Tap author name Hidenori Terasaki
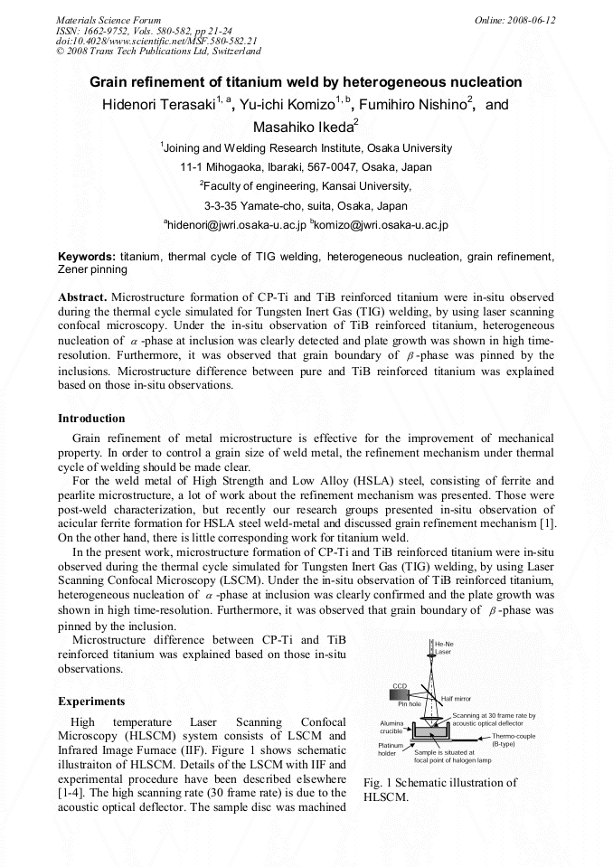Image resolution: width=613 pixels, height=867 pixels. [x=158, y=105]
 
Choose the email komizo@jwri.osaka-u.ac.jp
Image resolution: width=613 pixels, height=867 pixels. [x=380, y=224]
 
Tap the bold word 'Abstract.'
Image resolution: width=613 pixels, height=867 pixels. [x=82, y=297]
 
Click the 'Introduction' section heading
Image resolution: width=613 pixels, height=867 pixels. [x=91, y=419]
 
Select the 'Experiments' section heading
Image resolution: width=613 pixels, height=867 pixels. [x=91, y=701]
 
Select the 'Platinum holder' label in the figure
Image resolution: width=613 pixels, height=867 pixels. [x=389, y=750]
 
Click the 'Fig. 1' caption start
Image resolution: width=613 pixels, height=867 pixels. [x=375, y=783]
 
